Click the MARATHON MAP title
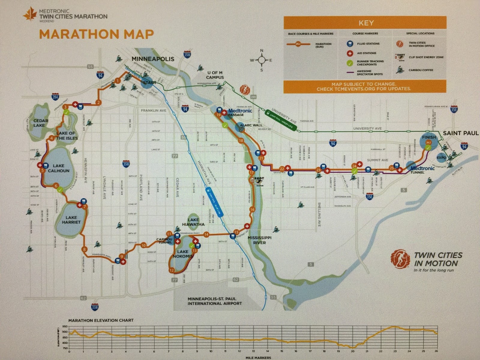tap(97, 34)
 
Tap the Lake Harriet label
tap(71, 220)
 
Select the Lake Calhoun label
tap(58, 168)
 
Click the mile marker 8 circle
tap(85, 249)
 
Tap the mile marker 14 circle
tap(206, 235)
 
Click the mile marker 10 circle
tap(144, 245)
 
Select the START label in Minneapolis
tap(149, 82)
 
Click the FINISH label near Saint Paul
tap(429, 137)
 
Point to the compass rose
tap(262, 61)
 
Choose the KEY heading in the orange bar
tap(366, 23)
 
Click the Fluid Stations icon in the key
tap(349, 44)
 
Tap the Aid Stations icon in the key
tap(349, 53)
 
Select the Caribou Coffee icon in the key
tap(400, 70)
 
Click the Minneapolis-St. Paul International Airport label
tap(215, 301)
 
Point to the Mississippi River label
tap(259, 240)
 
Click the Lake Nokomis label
tap(183, 254)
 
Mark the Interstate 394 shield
tap(55, 97)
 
